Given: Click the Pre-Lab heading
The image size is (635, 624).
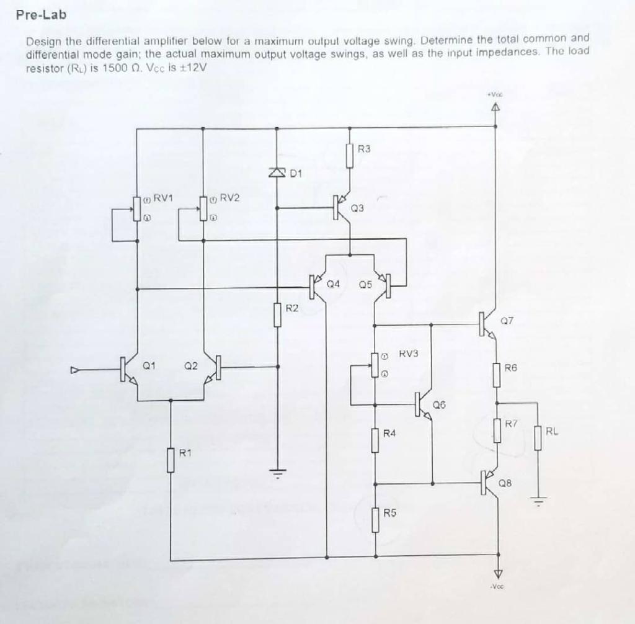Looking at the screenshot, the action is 41,16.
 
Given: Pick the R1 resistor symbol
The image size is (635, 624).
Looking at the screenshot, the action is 171,460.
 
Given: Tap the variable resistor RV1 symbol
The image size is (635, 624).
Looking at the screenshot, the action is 136,208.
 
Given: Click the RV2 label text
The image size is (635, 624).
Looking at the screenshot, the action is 229,198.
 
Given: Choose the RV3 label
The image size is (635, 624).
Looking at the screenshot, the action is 409,354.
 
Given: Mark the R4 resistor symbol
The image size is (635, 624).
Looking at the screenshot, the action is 375,440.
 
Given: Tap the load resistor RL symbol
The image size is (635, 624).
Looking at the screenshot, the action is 538,438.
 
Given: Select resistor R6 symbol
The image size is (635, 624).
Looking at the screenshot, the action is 496,375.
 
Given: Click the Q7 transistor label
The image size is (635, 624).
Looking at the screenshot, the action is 507,321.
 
